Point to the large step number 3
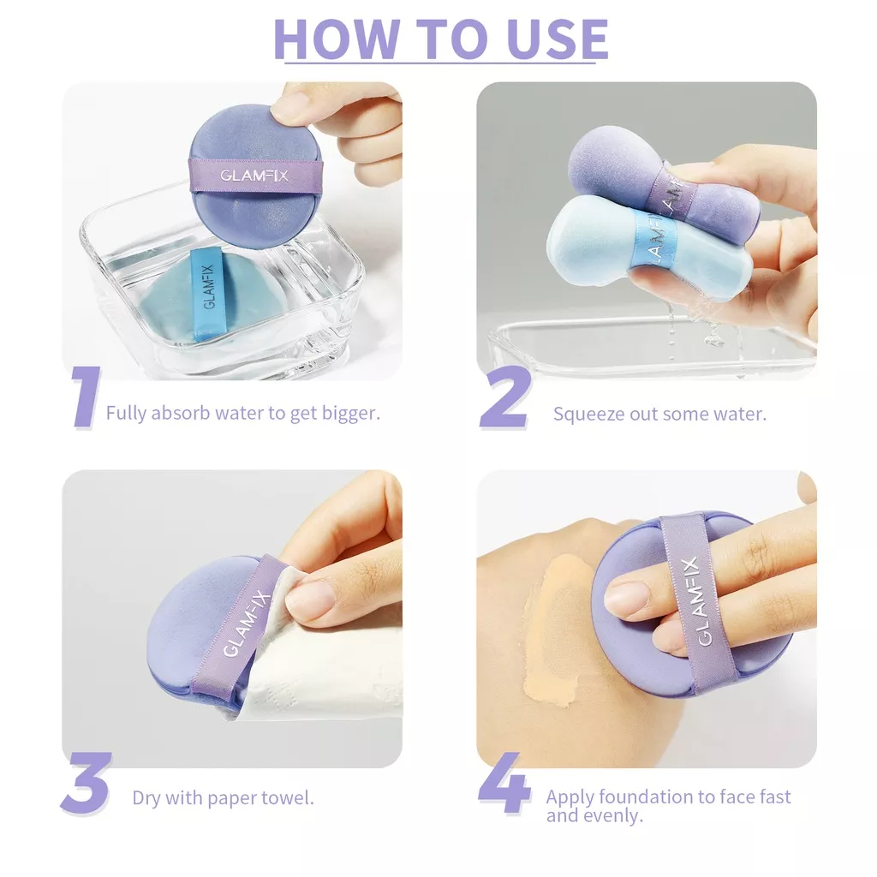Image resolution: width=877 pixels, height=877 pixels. click(86, 783)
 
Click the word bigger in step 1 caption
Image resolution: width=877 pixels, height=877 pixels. click(350, 413)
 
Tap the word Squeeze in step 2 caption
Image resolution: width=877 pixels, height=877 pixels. click(588, 414)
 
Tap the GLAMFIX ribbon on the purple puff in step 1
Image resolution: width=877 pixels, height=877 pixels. click(254, 175)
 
